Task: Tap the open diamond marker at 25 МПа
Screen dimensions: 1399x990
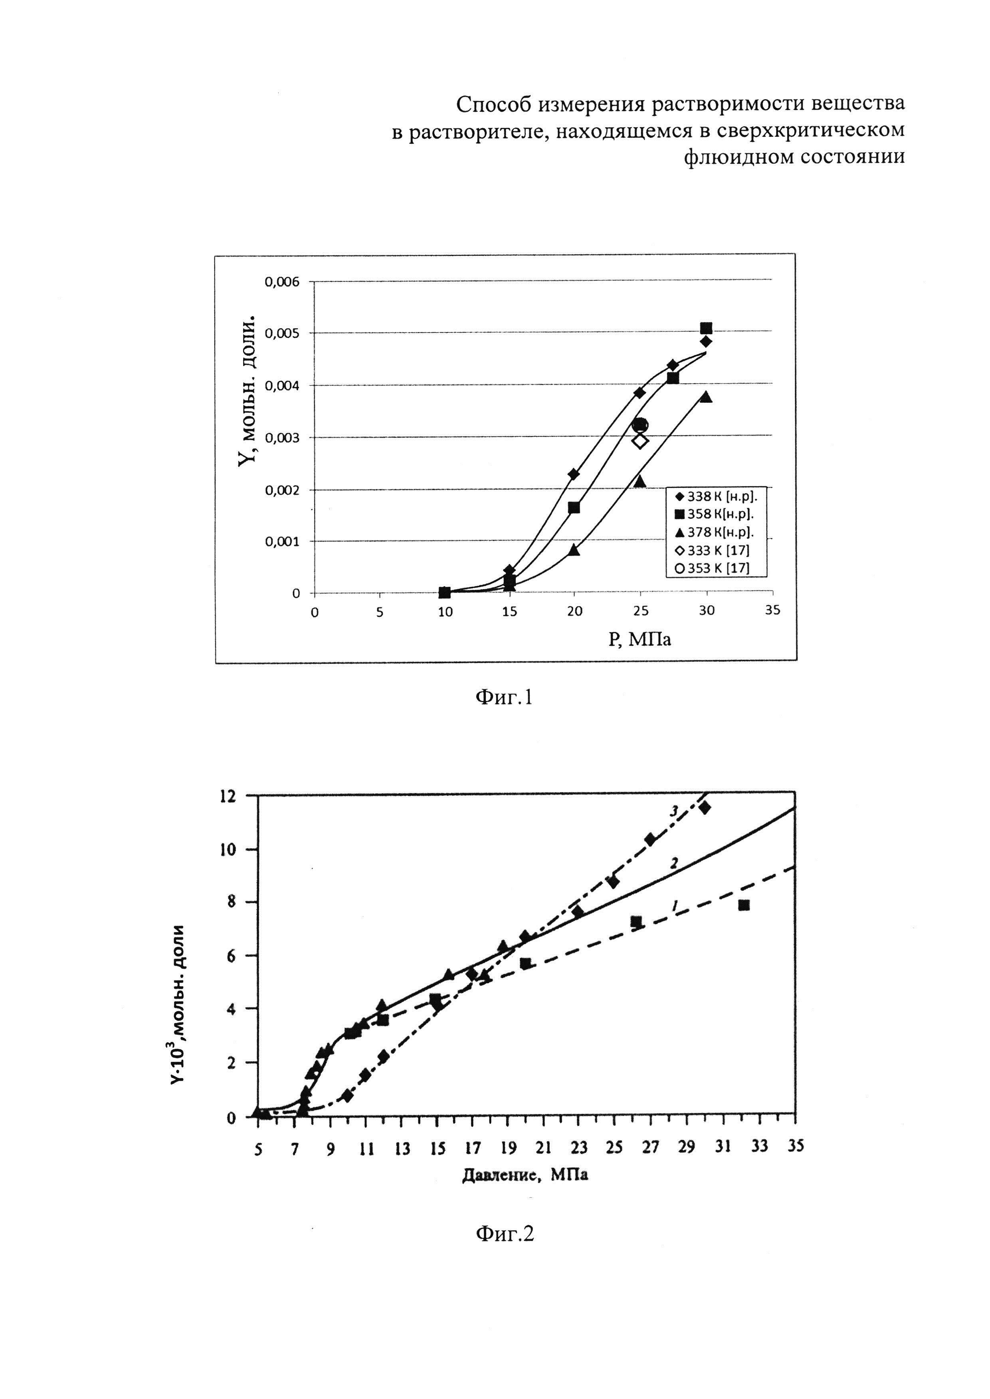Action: coord(640,441)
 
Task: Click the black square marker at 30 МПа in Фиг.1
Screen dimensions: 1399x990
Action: coord(706,328)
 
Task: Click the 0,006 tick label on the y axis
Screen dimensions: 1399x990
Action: coord(282,282)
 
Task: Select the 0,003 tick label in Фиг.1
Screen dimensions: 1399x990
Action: coord(282,438)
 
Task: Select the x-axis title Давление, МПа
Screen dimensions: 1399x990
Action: coord(525,1174)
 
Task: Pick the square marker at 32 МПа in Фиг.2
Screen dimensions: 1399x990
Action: coord(744,906)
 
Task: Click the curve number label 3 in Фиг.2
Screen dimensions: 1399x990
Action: coord(675,811)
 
